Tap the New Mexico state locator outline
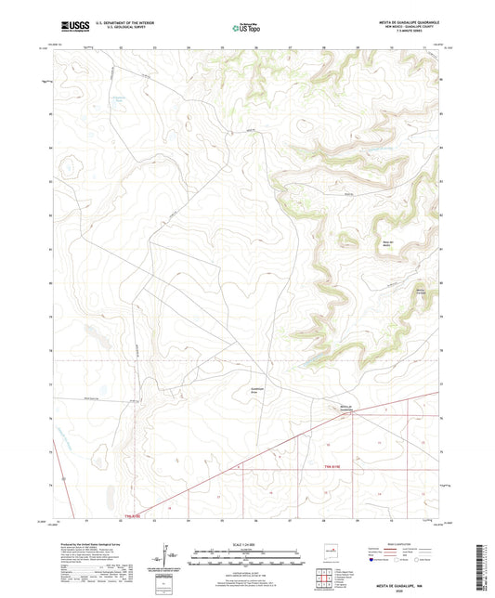(x=327, y=549)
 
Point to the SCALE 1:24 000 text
(x=245, y=546)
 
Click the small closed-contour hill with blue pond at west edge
(x=67, y=168)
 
